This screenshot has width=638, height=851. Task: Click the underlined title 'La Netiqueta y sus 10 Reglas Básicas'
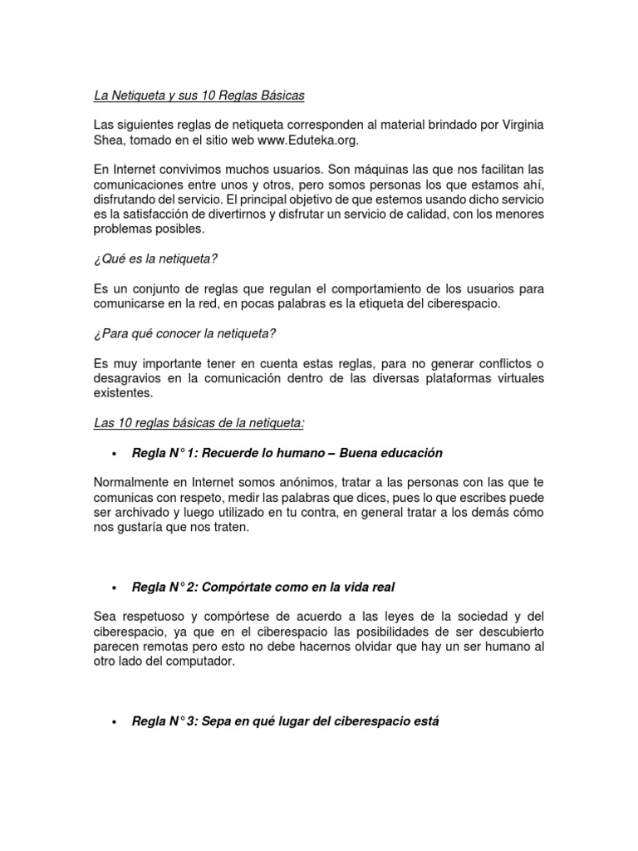click(x=199, y=96)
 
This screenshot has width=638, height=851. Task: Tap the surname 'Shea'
click(x=110, y=140)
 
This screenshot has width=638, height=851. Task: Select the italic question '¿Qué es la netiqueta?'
click(x=155, y=258)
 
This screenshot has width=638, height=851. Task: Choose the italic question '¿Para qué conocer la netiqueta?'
click(x=185, y=334)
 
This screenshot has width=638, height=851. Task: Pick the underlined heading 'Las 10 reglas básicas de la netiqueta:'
click(x=199, y=424)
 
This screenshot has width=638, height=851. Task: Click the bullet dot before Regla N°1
click(x=111, y=454)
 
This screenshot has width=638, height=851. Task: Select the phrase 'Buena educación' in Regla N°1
click(x=395, y=453)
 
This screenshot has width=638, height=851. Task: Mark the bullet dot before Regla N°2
click(x=111, y=588)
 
